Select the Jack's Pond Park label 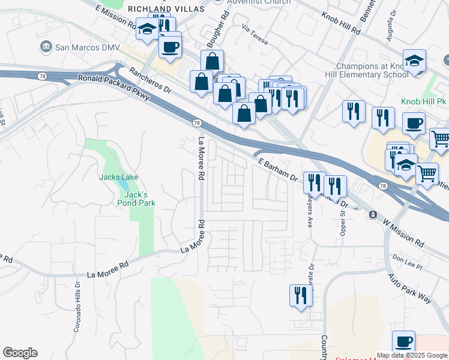point(140,199)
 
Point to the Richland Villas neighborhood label point(166,10)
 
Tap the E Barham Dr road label point(277,170)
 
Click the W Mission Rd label point(403,231)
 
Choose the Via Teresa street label point(253,31)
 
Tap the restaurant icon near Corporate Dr point(300,296)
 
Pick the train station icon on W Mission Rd point(373,214)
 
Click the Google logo point(20,353)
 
